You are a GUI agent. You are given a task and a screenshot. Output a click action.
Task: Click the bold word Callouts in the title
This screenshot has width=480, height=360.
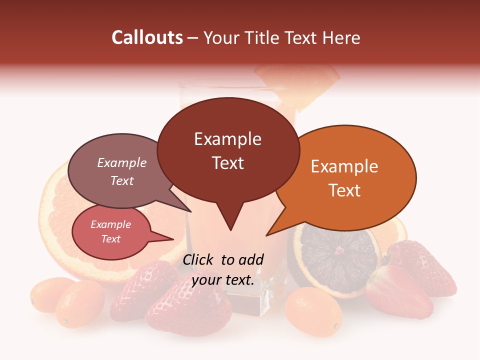pos(147,37)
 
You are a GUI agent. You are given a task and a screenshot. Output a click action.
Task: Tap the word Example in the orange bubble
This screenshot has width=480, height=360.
pos(344,166)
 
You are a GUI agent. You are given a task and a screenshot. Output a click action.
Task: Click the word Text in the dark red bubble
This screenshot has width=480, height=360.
pos(228,163)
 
